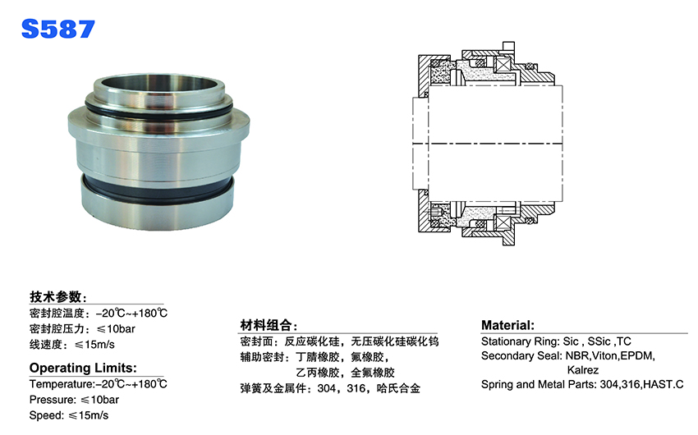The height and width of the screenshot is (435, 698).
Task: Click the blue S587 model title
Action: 57,29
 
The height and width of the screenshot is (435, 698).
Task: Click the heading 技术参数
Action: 56,296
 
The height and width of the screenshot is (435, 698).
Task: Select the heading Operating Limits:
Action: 83,368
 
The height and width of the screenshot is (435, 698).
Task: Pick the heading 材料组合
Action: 266,325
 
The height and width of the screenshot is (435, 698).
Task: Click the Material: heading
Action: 507,325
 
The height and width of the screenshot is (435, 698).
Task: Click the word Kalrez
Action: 583,370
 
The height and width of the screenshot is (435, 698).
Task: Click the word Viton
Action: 604,356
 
